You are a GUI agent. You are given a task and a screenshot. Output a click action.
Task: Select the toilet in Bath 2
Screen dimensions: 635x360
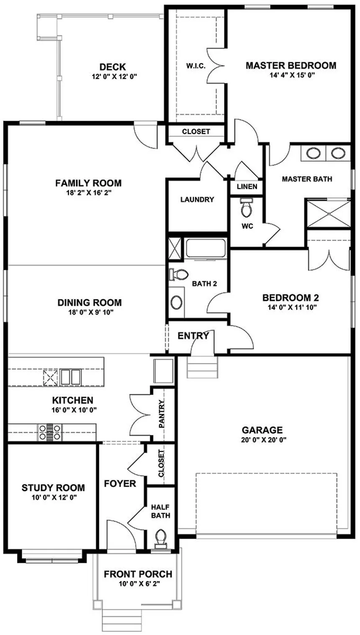179,274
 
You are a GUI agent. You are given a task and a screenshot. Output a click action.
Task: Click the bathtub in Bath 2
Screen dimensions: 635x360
206,248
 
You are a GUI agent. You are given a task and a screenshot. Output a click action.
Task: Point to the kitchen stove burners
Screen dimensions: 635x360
50,432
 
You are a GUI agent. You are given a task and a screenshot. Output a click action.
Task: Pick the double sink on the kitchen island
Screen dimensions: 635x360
70,376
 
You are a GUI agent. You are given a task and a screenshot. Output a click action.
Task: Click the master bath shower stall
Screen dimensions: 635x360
328,214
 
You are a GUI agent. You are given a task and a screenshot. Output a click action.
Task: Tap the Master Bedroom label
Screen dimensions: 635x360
291,65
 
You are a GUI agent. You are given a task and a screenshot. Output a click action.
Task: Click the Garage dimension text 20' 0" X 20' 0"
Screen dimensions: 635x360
262,440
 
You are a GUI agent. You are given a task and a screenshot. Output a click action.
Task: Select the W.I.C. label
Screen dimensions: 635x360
195,66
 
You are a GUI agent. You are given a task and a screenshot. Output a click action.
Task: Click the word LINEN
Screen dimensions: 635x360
247,187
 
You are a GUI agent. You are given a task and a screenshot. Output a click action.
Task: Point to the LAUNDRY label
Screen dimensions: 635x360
197,200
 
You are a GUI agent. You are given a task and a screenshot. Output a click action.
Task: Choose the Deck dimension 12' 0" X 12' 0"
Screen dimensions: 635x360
113,77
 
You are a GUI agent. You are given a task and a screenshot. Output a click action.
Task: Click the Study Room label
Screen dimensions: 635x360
53,488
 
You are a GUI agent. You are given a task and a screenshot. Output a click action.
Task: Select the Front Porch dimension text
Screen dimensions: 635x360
138,584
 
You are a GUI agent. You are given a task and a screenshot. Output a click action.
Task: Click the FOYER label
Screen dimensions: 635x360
120,484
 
